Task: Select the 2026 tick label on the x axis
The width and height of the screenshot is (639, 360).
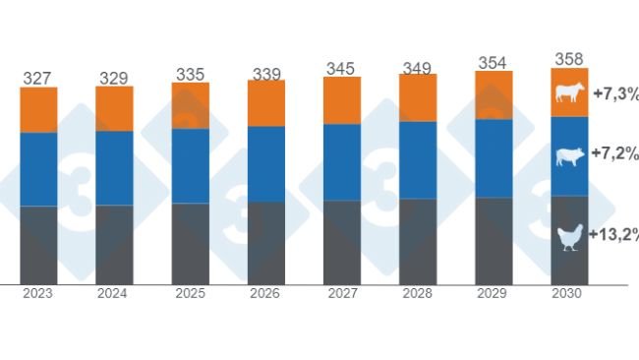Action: click(266, 294)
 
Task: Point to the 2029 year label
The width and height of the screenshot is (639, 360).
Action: click(494, 294)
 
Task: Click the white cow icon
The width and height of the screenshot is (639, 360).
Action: click(570, 93)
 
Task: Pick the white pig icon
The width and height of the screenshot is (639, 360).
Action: click(570, 155)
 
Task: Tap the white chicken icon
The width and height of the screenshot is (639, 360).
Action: click(570, 236)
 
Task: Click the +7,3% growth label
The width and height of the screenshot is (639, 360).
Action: click(615, 94)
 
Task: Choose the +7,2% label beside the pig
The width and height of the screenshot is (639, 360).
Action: click(615, 154)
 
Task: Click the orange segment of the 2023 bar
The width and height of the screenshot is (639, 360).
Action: click(38, 110)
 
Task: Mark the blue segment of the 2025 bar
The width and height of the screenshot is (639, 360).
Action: click(191, 165)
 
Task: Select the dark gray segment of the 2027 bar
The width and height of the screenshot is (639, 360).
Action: click(342, 242)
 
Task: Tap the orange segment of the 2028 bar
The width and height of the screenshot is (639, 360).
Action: click(418, 97)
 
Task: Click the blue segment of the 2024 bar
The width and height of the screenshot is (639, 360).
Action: click(114, 167)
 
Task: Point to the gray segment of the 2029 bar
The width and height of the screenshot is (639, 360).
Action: click(494, 241)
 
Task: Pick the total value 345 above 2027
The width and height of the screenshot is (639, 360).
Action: click(342, 68)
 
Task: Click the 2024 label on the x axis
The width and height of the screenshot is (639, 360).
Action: click(114, 294)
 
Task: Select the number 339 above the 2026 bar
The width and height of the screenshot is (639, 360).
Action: click(266, 71)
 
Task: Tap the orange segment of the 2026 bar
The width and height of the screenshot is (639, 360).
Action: click(266, 103)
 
